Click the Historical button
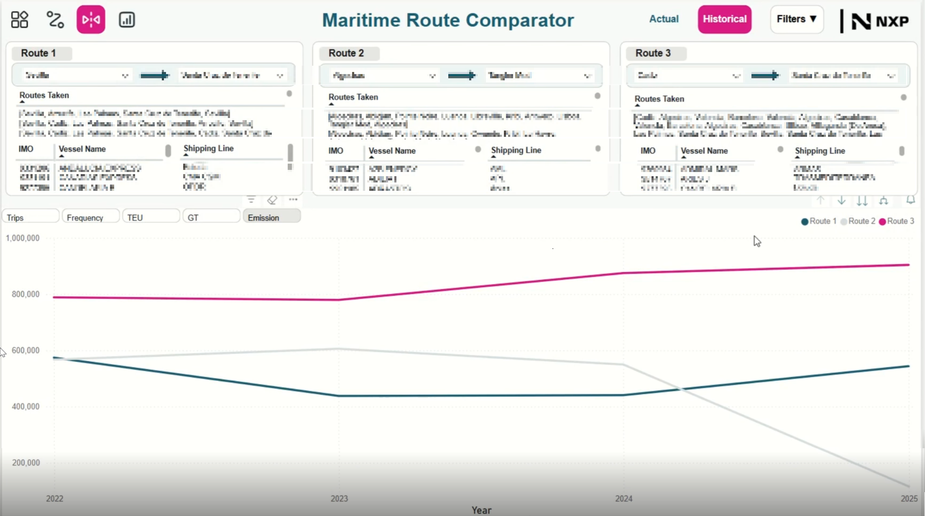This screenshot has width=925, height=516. (x=724, y=19)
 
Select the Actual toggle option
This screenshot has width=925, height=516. (x=664, y=19)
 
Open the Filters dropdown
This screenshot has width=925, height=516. (x=797, y=19)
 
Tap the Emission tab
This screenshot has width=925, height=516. (x=271, y=218)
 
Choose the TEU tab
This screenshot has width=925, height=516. (x=151, y=218)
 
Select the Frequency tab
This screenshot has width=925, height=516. (x=90, y=218)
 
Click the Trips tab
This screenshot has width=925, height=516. (x=30, y=218)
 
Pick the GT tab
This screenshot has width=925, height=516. (x=211, y=218)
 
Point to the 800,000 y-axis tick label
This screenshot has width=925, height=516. (x=26, y=294)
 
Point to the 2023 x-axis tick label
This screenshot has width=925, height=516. (x=339, y=498)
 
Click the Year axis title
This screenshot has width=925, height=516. (x=481, y=510)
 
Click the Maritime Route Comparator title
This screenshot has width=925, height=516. (x=448, y=20)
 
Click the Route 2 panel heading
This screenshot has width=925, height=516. (x=346, y=53)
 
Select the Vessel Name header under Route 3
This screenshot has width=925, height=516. (x=704, y=151)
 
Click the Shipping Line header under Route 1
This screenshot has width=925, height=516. (x=209, y=149)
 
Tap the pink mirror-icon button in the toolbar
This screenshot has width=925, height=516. (x=91, y=20)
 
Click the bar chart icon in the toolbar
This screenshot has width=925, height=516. (x=127, y=20)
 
